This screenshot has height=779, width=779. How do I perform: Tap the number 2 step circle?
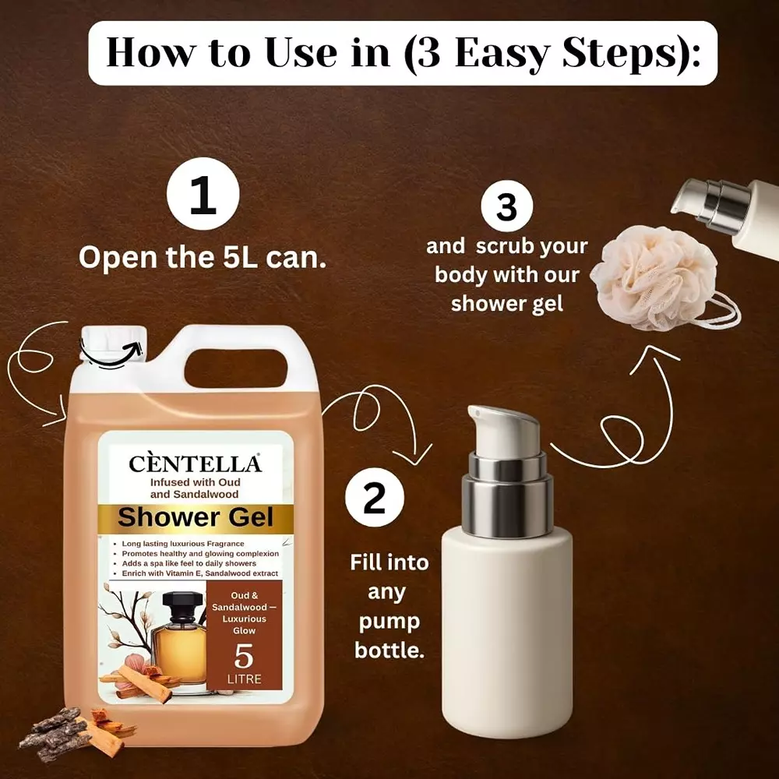[375, 498]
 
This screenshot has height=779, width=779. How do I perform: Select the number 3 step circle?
[506, 207]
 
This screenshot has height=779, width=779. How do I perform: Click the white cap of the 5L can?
[114, 347]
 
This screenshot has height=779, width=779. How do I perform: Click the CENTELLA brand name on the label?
[195, 464]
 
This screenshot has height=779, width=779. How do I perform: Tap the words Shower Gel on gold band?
[195, 516]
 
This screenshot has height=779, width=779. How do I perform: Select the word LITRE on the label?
[244, 679]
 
